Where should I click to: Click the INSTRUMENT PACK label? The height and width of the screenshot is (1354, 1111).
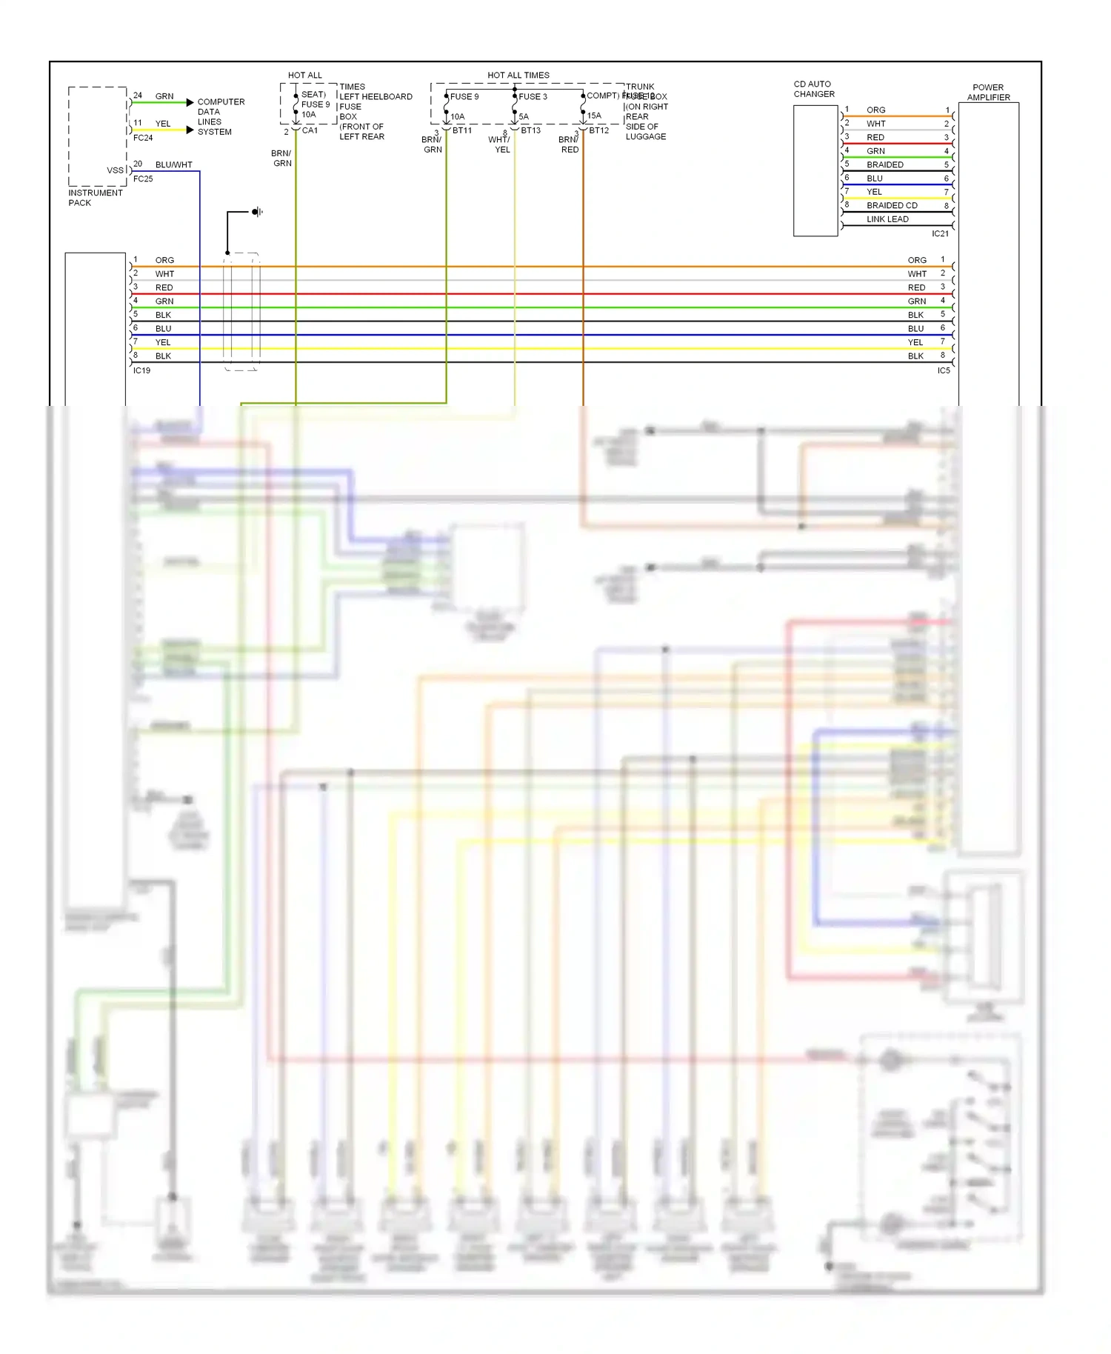95,198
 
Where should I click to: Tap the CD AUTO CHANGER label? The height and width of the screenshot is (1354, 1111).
813,89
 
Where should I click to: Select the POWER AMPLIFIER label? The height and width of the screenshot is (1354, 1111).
988,92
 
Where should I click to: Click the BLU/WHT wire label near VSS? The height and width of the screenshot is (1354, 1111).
173,164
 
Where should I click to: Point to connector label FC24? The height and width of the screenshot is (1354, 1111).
143,138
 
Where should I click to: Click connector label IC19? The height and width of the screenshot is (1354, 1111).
141,370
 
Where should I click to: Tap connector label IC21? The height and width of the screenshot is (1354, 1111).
940,233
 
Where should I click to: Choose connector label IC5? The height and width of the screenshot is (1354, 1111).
943,370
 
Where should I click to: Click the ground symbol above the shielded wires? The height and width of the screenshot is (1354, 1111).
256,212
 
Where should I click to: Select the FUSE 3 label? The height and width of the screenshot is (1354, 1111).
533,96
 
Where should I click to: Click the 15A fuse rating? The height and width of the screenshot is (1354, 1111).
594,116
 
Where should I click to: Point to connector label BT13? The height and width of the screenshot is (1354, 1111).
530,130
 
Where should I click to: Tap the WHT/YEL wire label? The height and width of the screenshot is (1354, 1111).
500,144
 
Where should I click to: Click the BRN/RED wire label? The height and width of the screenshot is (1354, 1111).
569,144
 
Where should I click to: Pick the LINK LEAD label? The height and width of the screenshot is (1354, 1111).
887,219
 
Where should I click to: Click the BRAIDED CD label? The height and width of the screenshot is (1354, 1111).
892,205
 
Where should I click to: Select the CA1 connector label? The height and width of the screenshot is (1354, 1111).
310,130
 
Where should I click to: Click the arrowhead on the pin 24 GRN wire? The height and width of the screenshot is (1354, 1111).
190,102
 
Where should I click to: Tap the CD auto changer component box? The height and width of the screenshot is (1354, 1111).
815,170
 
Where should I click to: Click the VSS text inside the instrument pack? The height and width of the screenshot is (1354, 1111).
115,170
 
